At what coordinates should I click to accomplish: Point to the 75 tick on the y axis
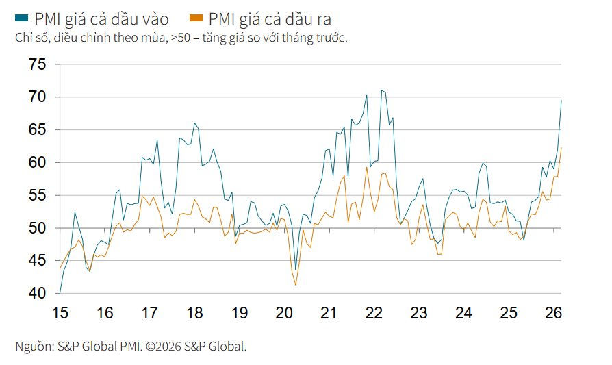(38, 64)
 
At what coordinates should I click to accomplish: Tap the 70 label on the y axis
(38, 97)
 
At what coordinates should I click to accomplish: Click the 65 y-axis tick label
(38, 130)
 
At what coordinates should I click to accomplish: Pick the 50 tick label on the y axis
(38, 228)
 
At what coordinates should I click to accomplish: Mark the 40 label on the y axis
(38, 293)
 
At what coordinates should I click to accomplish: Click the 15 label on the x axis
(60, 313)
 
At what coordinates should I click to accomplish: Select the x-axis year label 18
(194, 313)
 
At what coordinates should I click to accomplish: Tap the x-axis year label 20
(284, 313)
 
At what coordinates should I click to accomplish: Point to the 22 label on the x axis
(374, 313)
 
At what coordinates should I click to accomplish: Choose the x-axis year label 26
(553, 313)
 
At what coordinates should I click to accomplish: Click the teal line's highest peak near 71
(382, 90)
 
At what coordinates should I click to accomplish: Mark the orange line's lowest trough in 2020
(296, 285)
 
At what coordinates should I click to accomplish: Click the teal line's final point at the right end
(561, 101)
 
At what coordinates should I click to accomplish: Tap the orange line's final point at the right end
(561, 148)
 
